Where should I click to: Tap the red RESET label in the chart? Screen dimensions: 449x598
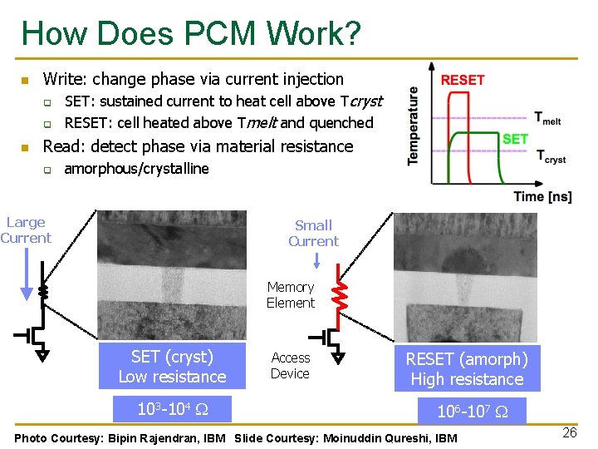[463, 80]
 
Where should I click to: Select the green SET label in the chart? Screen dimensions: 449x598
[515, 139]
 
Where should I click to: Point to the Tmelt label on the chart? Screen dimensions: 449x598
[547, 118]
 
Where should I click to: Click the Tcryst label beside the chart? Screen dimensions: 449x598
[551, 157]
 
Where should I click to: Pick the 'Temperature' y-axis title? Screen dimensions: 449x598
[413, 126]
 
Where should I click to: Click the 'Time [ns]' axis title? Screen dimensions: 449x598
[542, 197]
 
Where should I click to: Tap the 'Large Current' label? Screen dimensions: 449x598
[26, 230]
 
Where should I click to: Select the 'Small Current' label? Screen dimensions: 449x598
[313, 233]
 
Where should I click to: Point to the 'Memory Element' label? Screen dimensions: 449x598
[291, 295]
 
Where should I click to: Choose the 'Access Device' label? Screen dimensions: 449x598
[290, 366]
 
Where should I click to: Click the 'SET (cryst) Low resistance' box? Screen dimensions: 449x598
[172, 367]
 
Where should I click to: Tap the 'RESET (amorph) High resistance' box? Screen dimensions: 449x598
[467, 369]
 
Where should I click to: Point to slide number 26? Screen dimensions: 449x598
[569, 432]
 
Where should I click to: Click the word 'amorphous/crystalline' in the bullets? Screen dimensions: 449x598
[136, 169]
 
